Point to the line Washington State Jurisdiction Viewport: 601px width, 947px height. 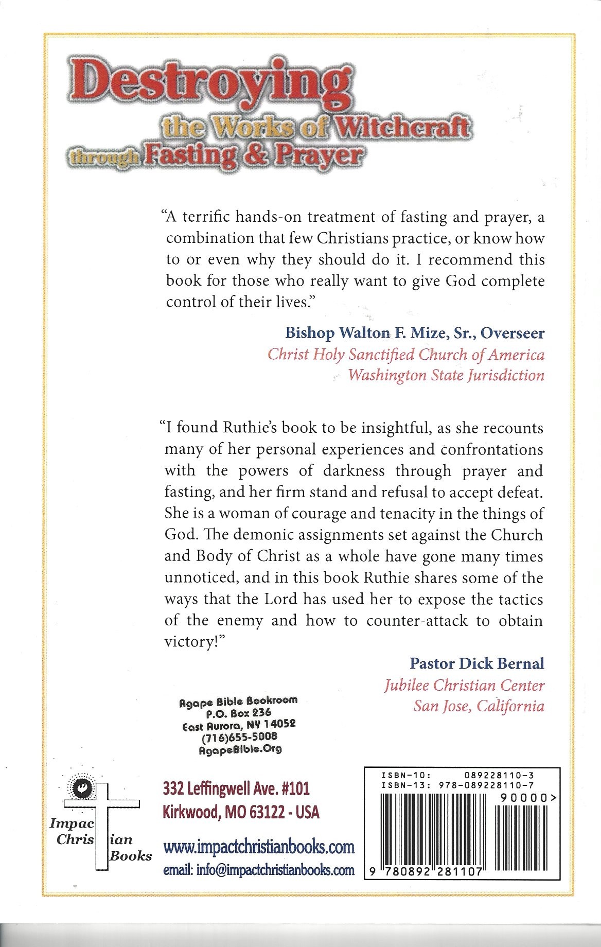pos(446,375)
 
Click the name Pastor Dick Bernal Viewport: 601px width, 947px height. pos(476,663)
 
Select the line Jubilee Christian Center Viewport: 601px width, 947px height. pos(464,685)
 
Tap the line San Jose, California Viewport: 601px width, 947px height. pos(479,706)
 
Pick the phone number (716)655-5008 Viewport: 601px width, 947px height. pos(239,737)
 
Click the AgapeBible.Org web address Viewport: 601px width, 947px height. pos(240,749)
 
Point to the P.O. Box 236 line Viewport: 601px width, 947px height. pos(238,713)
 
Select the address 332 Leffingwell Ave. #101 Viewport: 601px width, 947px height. pos(236,788)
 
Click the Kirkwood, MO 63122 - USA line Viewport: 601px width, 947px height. pos(241,812)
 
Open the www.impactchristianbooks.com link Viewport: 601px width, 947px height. pos(259,847)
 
